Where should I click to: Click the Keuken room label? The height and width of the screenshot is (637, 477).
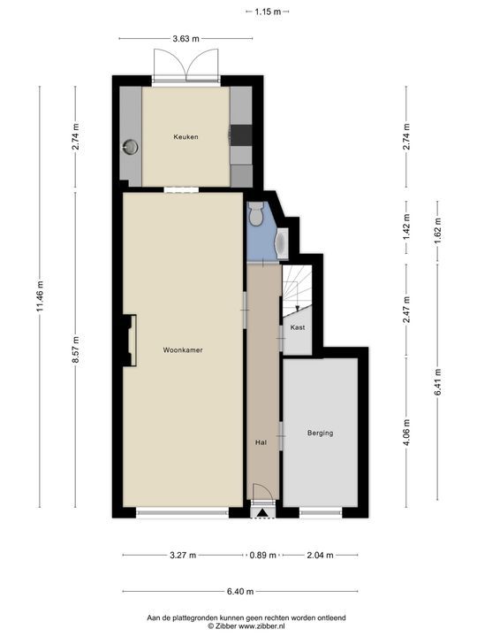(185, 137)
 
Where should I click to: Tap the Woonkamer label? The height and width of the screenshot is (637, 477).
(183, 349)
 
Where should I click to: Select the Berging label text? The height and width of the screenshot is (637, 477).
(320, 433)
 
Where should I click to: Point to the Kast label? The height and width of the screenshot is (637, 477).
(298, 327)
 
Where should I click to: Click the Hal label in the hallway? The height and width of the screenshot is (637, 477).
(261, 442)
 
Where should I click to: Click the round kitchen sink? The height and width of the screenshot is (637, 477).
(131, 147)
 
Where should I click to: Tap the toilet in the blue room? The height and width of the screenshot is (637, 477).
(256, 214)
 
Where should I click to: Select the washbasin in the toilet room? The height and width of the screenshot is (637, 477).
(282, 243)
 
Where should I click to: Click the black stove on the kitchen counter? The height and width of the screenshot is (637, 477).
(241, 135)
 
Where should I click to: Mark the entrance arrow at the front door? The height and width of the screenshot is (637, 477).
(263, 513)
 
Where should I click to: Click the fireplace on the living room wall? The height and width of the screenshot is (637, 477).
(130, 341)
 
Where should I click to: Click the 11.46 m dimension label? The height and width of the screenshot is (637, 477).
(40, 296)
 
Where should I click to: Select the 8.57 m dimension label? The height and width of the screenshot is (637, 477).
(75, 350)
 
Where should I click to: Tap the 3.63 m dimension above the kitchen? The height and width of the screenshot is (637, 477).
(185, 39)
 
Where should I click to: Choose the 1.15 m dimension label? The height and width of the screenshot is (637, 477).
(268, 12)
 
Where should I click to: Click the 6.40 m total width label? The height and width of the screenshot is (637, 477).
(240, 592)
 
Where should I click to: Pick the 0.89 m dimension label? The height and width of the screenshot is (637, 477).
(263, 555)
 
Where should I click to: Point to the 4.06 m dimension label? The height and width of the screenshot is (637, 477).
(406, 433)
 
